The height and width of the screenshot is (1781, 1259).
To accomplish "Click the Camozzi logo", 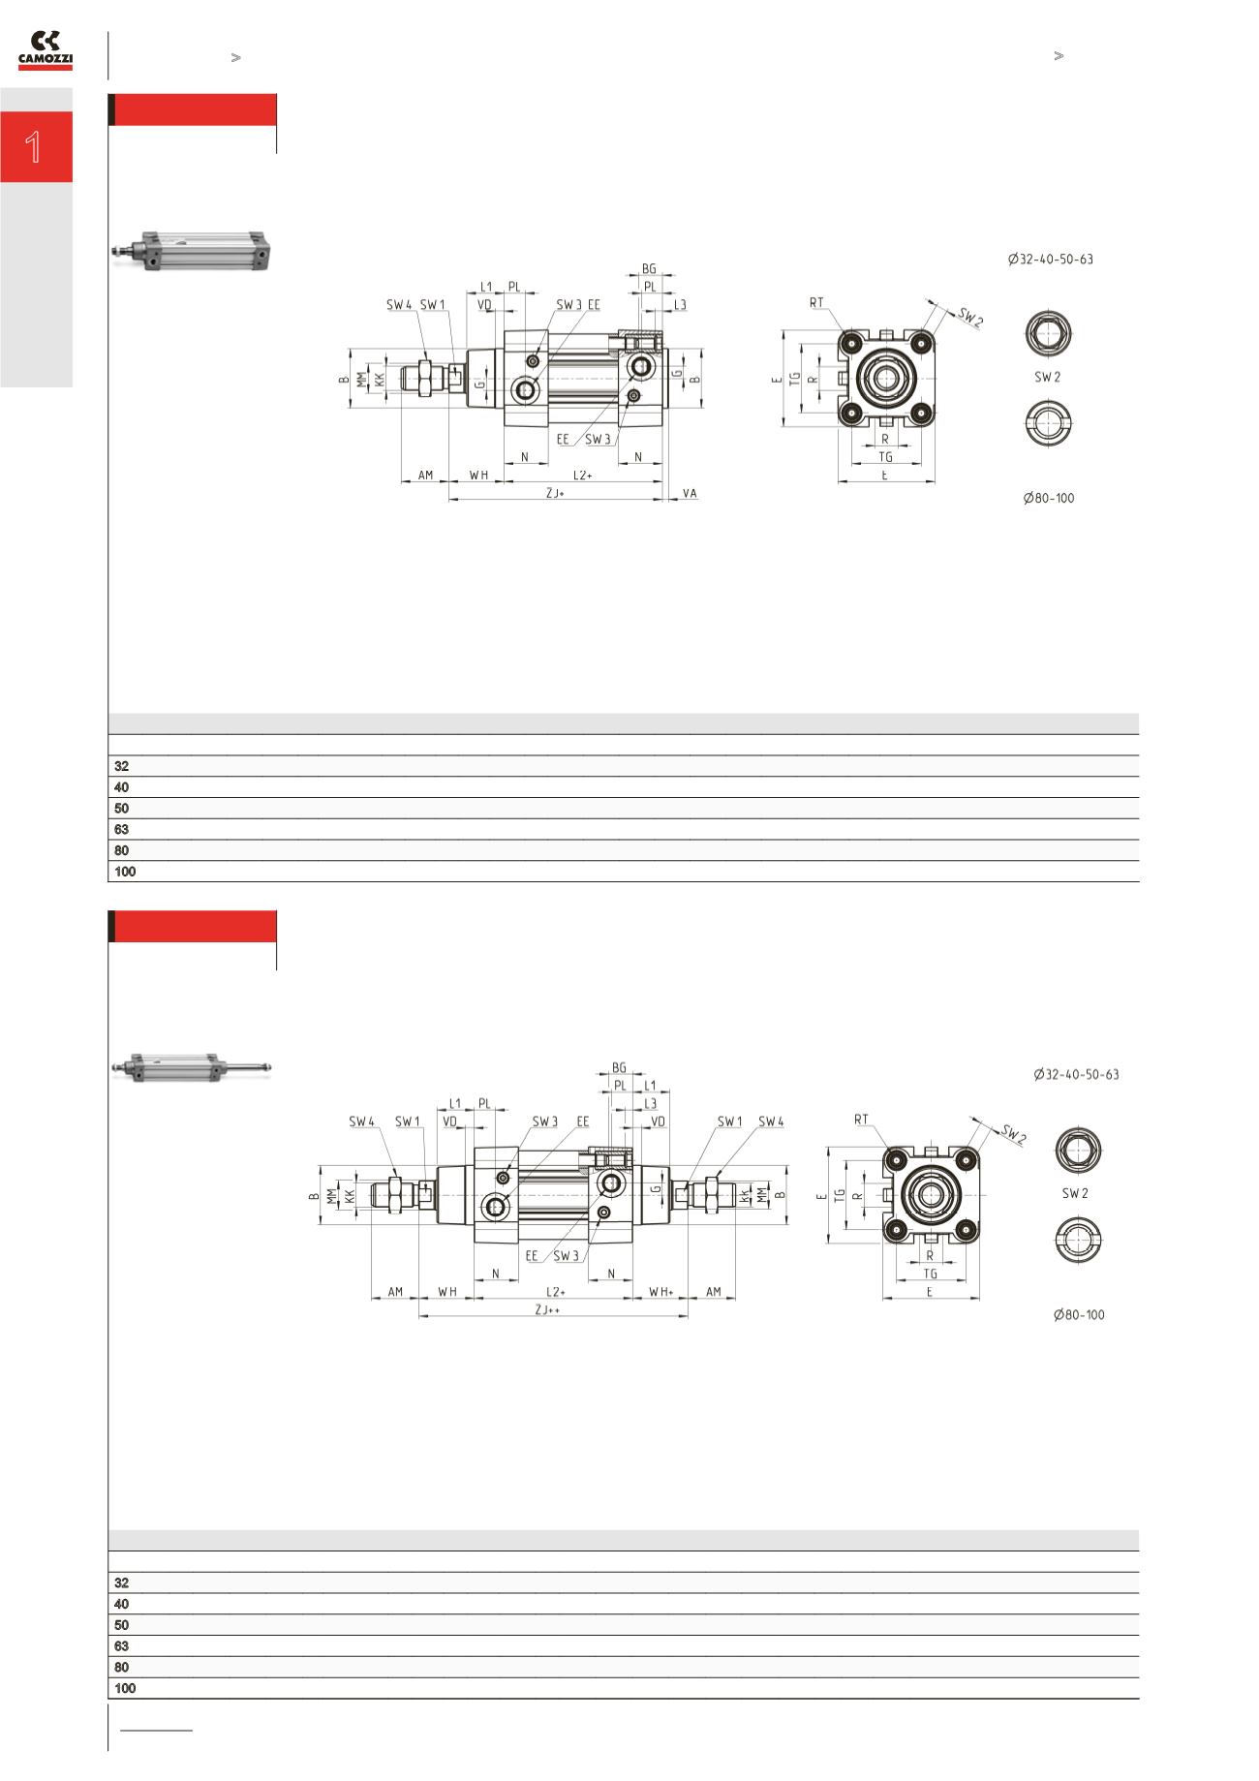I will coord(46,50).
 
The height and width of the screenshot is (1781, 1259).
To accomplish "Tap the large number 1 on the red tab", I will coord(34,147).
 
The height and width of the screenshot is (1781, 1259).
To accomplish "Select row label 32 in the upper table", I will coord(121,766).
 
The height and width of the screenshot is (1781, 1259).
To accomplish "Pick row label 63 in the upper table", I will coord(121,830).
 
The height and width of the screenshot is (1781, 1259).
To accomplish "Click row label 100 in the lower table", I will coord(125,1688).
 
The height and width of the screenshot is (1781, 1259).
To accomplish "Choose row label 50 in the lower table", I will coord(121,1625).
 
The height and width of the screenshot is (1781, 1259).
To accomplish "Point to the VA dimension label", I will coord(690,494).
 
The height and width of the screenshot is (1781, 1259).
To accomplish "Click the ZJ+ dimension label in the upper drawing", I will coord(555,494).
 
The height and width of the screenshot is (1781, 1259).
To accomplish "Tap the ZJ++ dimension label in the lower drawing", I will coord(548,1309).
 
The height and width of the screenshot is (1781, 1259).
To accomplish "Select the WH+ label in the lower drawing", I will coord(661,1292).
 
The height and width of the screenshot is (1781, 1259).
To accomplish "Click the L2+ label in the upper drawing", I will coord(582,476).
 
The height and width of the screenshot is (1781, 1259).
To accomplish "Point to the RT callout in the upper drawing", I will coord(816,303).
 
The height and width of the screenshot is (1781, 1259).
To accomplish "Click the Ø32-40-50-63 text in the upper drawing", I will coord(1050,260).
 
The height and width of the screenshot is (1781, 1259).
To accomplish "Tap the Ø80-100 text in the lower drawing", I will coord(1079,1315).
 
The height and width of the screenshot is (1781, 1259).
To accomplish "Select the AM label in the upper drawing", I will coord(425,476).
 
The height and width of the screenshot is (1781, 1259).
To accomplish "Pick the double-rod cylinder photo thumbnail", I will coord(192,1067).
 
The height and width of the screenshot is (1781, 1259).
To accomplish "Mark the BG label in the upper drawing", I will coord(649,269).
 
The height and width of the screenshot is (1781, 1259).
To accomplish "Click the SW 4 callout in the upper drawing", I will coord(399,305).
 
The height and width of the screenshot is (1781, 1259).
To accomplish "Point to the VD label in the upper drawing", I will coord(485,305).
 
